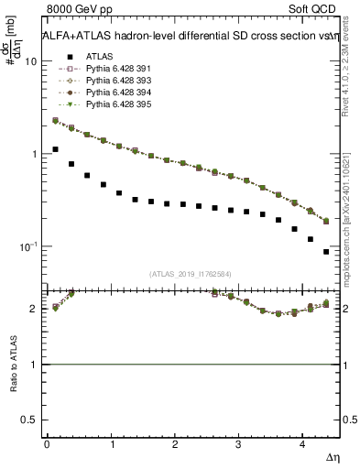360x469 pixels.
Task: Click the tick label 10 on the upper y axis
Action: coord(29,61)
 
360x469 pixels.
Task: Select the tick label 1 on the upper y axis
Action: coord(33,154)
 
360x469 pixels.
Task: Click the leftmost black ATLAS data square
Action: coord(55,149)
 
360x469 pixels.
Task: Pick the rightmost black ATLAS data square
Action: coord(327,252)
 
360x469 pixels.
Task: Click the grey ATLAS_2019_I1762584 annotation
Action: coord(191,274)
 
